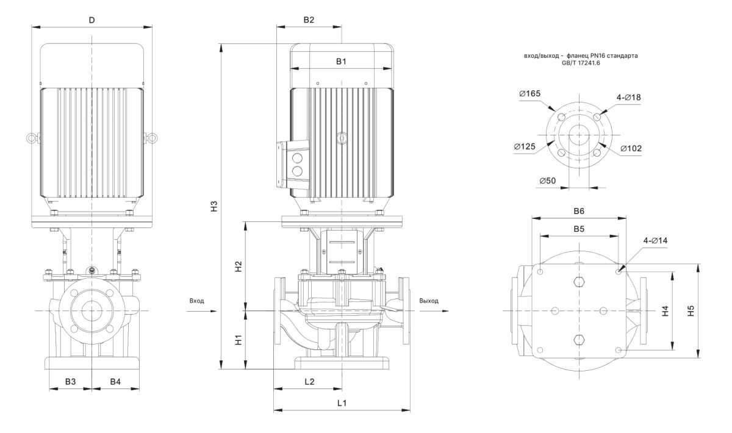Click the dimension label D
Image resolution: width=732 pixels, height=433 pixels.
[x=91, y=20]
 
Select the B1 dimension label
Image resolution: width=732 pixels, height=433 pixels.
[x=341, y=61]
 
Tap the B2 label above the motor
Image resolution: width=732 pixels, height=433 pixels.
[x=309, y=20]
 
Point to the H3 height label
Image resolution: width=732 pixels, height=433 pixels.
[x=213, y=206]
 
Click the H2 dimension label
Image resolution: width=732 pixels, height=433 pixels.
[x=239, y=266]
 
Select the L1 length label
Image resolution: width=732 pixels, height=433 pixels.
[x=342, y=403]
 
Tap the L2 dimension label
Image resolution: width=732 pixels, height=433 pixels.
[x=309, y=381]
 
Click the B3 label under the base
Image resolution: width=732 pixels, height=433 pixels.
[x=71, y=381]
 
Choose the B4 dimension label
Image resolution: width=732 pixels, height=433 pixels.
[x=115, y=381]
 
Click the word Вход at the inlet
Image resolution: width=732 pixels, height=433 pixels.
[x=196, y=301]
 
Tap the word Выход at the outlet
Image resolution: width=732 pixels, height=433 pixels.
[x=429, y=301]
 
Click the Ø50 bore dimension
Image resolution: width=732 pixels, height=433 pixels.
[x=547, y=181]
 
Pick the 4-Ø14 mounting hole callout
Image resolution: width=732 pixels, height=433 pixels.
[x=655, y=241]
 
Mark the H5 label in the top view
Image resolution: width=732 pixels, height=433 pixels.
[x=690, y=311]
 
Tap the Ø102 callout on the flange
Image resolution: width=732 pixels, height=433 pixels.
[x=631, y=148]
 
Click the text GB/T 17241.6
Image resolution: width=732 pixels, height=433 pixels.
[x=581, y=62]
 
